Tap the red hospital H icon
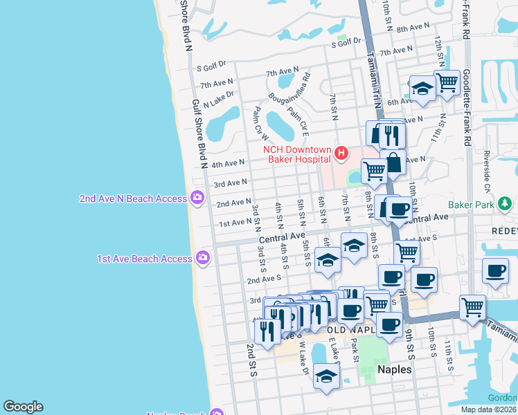pos(341,152)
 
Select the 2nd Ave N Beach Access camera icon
pos(197,199)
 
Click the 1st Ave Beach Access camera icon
pos(202,259)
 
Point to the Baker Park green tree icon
pos(507,204)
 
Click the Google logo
pos(23,407)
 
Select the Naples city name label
pos(394,369)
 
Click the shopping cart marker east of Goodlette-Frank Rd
pos(473,305)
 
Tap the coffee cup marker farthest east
pos(495,271)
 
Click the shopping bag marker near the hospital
pos(393,163)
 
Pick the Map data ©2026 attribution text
pos(489,409)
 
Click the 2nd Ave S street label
pos(263,279)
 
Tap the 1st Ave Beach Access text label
pos(144,259)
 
